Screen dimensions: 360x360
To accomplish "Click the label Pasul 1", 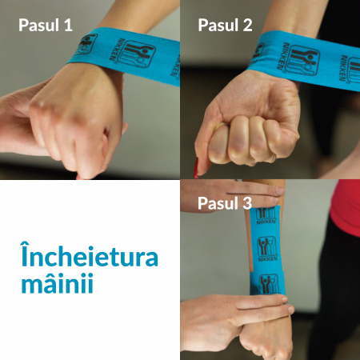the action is [46, 25].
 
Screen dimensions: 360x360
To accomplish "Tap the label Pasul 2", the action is [225, 25].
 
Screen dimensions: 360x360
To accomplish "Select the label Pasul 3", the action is [225, 203].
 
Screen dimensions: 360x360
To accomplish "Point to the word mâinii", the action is [58, 282].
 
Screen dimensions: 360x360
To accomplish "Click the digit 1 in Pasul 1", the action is [68, 26].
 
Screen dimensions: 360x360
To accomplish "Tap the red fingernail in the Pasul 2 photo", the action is [196, 168].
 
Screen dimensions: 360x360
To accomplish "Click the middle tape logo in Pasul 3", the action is [266, 246].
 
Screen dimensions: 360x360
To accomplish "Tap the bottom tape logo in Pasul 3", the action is [269, 284].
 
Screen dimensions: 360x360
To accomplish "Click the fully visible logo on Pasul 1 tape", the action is [138, 54].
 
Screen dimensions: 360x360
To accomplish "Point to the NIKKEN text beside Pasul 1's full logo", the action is [115, 50].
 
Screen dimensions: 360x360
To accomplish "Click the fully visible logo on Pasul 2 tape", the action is [304, 61].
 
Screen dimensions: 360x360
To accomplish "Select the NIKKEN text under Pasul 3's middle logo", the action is [268, 258].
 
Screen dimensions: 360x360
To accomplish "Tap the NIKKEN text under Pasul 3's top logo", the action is [266, 222].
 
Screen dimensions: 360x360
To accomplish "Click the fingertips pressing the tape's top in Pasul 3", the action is [278, 194].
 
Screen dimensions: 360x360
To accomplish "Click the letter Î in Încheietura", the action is [25, 254].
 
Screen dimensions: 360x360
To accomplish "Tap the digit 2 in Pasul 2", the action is [247, 26].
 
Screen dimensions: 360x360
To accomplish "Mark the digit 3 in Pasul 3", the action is [247, 203].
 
